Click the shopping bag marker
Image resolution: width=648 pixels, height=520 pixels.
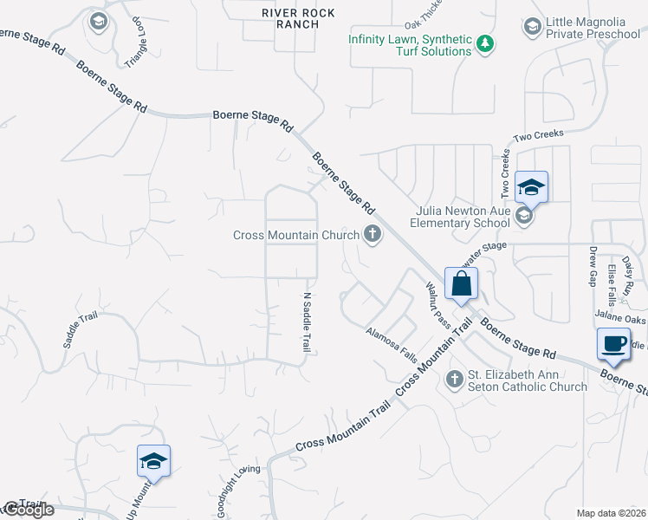461,283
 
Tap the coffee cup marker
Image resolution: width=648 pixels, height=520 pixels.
613,343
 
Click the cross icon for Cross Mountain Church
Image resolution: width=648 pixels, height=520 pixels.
373,234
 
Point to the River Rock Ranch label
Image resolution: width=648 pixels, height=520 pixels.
291,17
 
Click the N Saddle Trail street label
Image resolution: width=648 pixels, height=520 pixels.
306,322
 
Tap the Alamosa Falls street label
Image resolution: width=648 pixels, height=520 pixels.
391,344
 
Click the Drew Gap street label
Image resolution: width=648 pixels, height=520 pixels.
594,267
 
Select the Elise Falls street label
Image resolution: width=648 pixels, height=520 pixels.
612,285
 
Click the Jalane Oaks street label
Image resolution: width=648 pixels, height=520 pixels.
620,319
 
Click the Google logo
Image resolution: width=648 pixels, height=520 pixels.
28,510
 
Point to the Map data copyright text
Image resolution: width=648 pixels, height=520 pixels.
611,513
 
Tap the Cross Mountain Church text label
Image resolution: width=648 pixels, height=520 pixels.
296,235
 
